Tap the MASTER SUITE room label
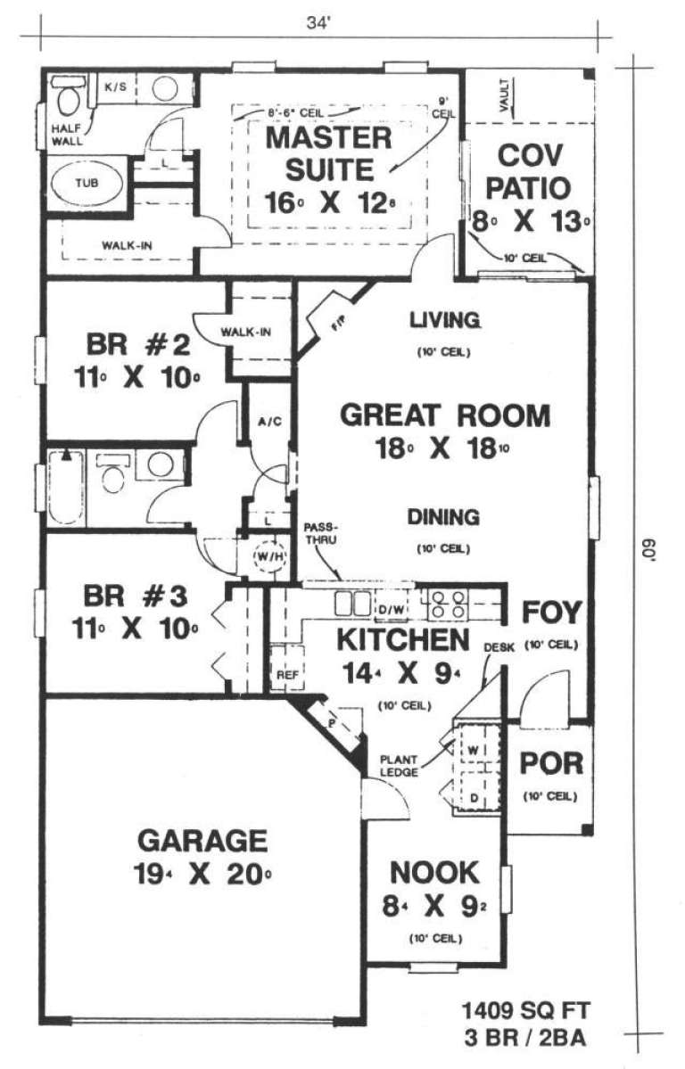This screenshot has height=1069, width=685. [329, 152]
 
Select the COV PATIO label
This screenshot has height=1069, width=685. [531, 172]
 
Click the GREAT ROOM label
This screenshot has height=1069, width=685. [446, 416]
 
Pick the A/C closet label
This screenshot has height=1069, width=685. [267, 421]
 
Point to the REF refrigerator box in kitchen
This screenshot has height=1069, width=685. [286, 675]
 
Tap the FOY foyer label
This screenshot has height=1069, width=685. [551, 613]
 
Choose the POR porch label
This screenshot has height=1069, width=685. [551, 764]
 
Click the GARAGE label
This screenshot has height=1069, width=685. [202, 841]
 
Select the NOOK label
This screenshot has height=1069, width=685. [434, 872]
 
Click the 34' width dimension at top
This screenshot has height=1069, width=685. [318, 24]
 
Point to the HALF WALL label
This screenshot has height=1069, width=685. [60, 133]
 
